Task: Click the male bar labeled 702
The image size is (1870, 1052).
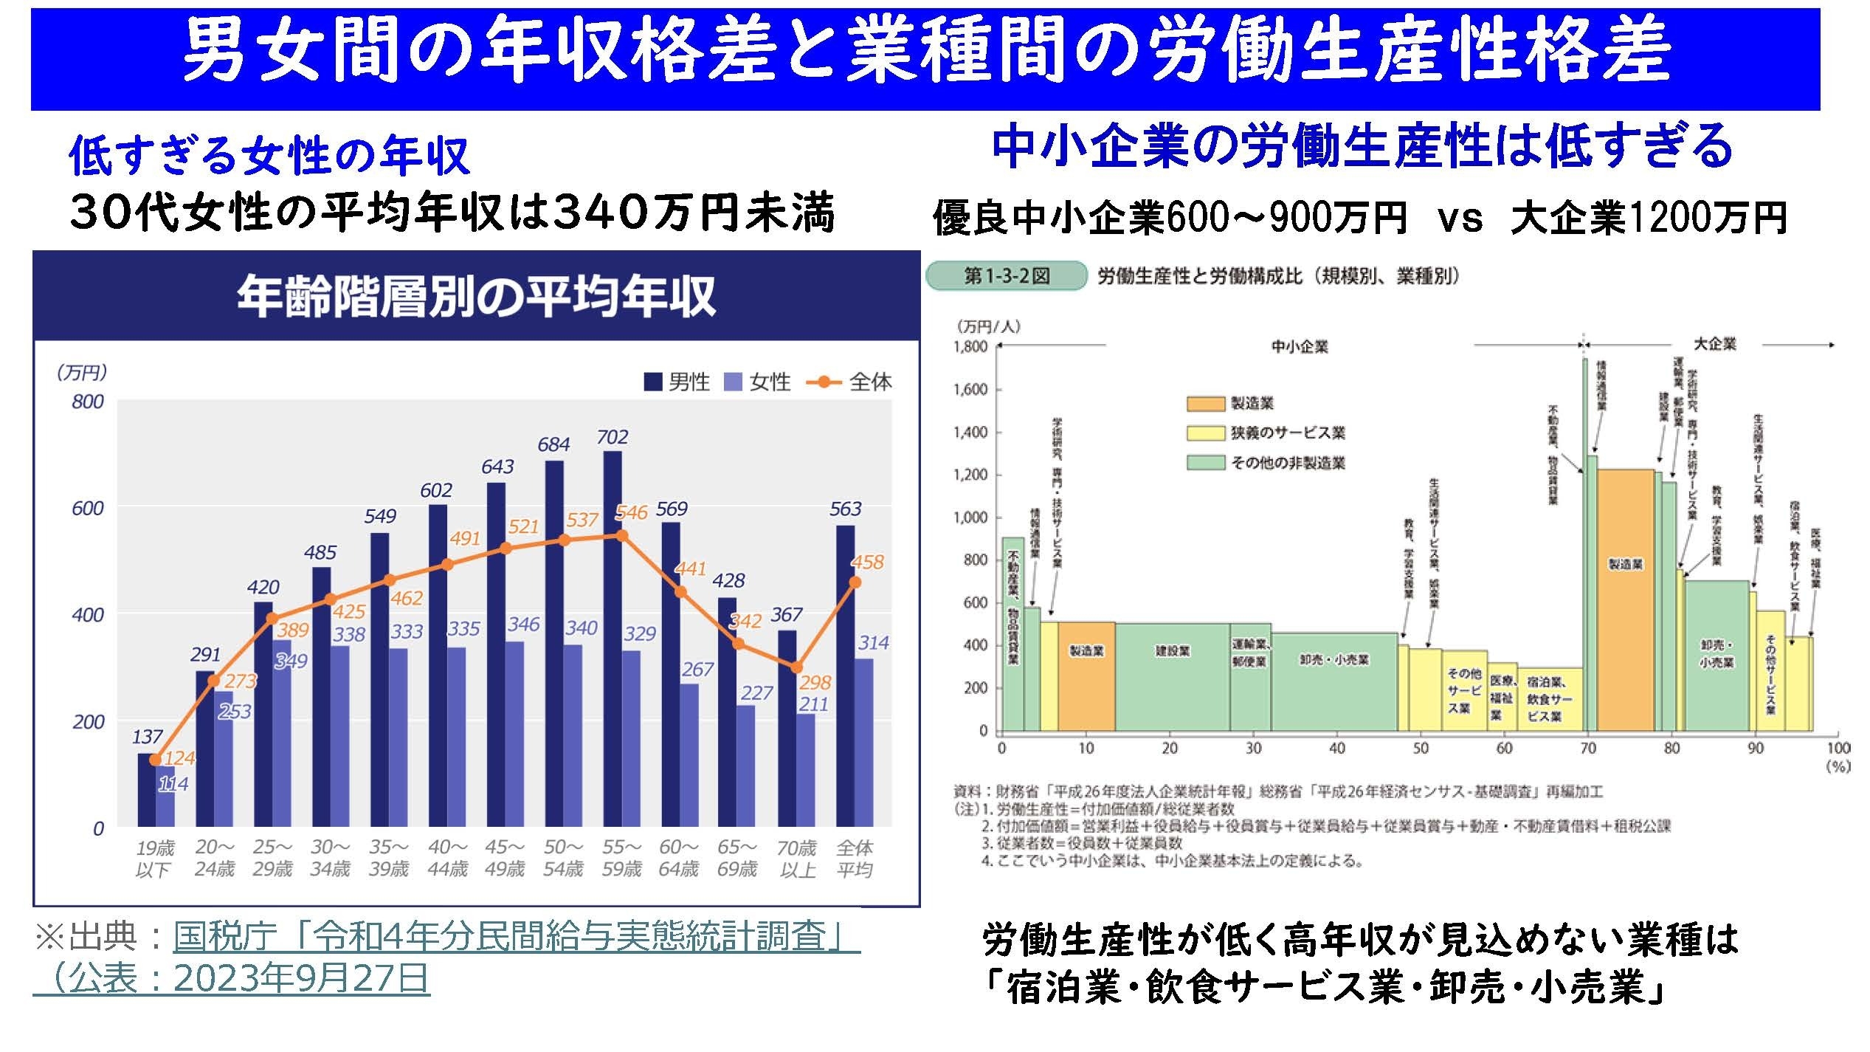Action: click(612, 639)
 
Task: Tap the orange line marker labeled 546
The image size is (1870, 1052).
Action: click(622, 535)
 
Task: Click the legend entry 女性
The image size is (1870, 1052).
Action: click(759, 382)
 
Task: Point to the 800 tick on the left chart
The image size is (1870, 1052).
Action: click(88, 402)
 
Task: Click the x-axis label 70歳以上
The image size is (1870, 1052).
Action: click(797, 859)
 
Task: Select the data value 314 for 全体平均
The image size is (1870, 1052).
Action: click(873, 642)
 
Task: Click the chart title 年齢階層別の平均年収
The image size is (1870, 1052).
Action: click(476, 297)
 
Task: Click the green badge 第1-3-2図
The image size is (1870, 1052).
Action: click(1006, 276)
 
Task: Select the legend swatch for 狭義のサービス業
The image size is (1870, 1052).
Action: click(1205, 433)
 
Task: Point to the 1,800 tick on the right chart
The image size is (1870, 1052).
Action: click(970, 347)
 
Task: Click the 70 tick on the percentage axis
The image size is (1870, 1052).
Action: click(1587, 748)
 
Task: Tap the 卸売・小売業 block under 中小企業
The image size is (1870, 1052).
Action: click(1334, 681)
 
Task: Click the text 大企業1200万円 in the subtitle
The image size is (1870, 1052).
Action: click(1648, 218)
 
